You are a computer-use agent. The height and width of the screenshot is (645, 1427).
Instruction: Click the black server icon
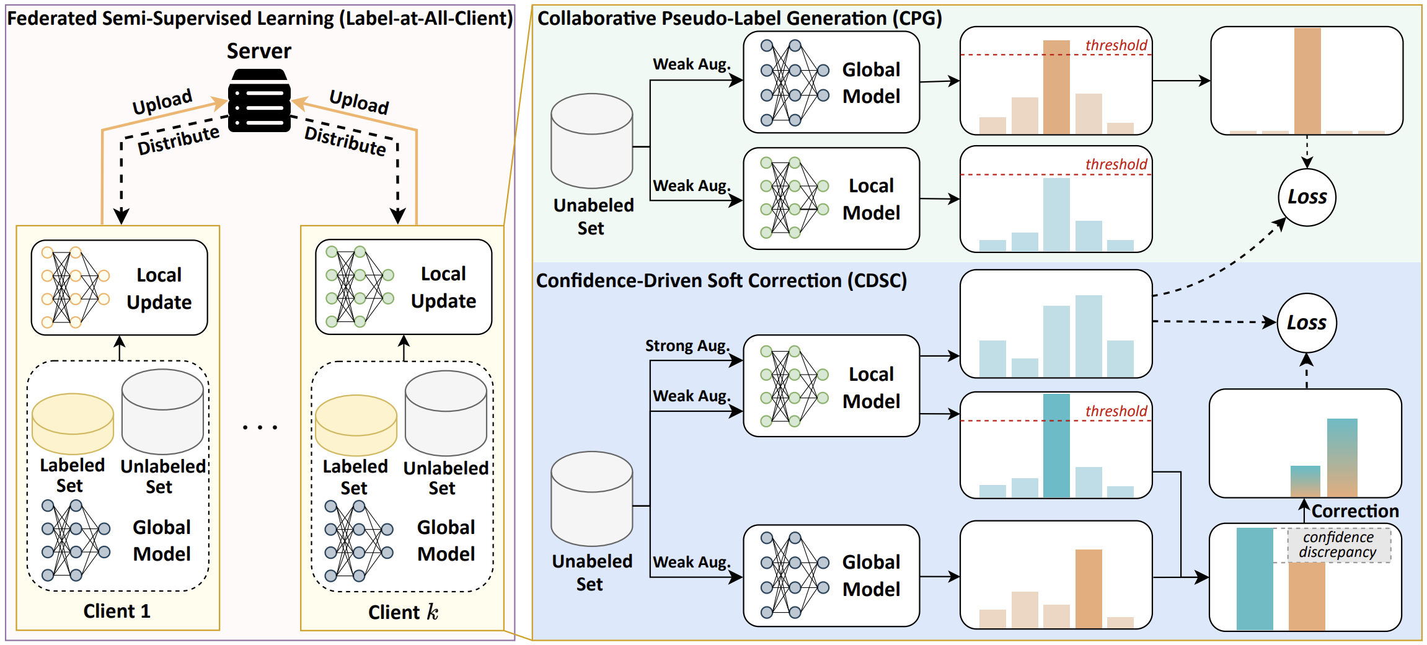259,101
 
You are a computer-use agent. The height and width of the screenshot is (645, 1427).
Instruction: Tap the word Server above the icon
258,51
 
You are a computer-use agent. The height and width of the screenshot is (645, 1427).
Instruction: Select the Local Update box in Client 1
119,288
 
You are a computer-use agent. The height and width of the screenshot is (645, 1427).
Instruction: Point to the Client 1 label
117,612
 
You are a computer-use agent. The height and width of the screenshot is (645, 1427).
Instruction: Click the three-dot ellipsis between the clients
260,427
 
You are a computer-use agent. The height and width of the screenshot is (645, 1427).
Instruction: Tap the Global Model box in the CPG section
831,82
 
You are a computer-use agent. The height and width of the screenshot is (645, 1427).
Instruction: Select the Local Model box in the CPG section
831,198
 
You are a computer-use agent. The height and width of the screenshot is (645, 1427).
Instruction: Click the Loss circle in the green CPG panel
1307,197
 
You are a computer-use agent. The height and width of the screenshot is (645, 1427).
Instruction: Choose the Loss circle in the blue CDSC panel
1306,322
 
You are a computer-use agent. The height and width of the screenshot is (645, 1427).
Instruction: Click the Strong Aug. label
687,345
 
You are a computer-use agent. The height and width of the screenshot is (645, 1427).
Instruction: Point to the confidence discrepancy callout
1338,545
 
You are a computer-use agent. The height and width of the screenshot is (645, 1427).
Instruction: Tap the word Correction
1355,511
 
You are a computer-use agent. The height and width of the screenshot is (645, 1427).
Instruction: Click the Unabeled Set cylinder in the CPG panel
591,141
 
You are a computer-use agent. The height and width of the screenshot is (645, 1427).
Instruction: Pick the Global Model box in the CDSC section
831,576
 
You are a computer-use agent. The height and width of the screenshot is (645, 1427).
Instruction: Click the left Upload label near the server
162,101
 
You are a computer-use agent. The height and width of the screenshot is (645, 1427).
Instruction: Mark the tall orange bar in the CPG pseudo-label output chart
1307,81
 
